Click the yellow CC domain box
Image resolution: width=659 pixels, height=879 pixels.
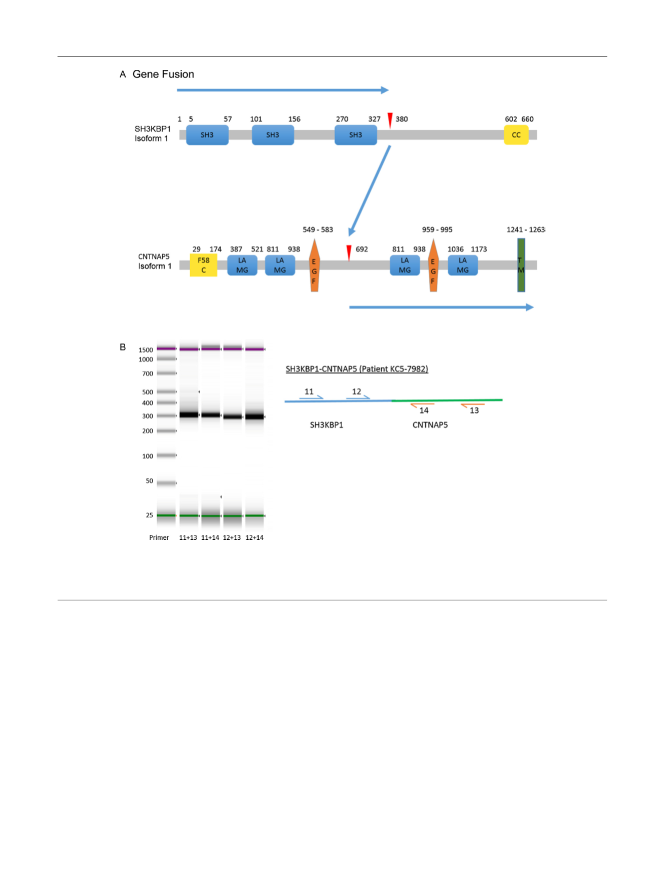pyautogui.click(x=516, y=135)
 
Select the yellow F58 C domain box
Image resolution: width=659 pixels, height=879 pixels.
pyautogui.click(x=203, y=265)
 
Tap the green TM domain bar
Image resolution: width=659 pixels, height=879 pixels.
pyautogui.click(x=521, y=265)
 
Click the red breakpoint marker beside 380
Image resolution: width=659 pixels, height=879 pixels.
pyautogui.click(x=390, y=120)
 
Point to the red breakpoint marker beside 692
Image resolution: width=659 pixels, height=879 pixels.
pyautogui.click(x=349, y=252)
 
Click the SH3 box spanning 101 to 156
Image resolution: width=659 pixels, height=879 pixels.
pyautogui.click(x=273, y=135)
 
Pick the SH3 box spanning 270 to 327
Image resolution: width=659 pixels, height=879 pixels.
pyautogui.click(x=355, y=135)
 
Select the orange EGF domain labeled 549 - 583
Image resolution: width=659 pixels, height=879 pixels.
pyautogui.click(x=314, y=266)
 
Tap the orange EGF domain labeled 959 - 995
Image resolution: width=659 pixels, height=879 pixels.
pyautogui.click(x=433, y=266)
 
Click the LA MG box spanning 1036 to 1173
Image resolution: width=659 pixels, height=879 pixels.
pyautogui.click(x=462, y=265)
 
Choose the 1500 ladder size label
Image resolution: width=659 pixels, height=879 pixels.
pyautogui.click(x=145, y=350)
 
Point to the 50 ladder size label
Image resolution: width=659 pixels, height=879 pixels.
pyautogui.click(x=150, y=481)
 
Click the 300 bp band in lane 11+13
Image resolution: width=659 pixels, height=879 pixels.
pyautogui.click(x=189, y=415)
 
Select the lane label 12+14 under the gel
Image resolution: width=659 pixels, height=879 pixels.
pyautogui.click(x=254, y=537)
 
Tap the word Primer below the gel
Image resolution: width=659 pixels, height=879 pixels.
pyautogui.click(x=159, y=537)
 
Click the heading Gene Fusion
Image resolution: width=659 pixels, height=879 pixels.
pyautogui.click(x=163, y=75)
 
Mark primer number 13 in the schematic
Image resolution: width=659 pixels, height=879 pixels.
pyautogui.click(x=474, y=411)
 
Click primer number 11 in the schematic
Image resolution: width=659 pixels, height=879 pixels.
pyautogui.click(x=309, y=392)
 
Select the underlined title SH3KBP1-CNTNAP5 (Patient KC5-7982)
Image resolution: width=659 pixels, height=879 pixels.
pyautogui.click(x=357, y=369)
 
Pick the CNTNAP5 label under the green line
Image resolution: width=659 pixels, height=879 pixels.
pyautogui.click(x=430, y=425)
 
